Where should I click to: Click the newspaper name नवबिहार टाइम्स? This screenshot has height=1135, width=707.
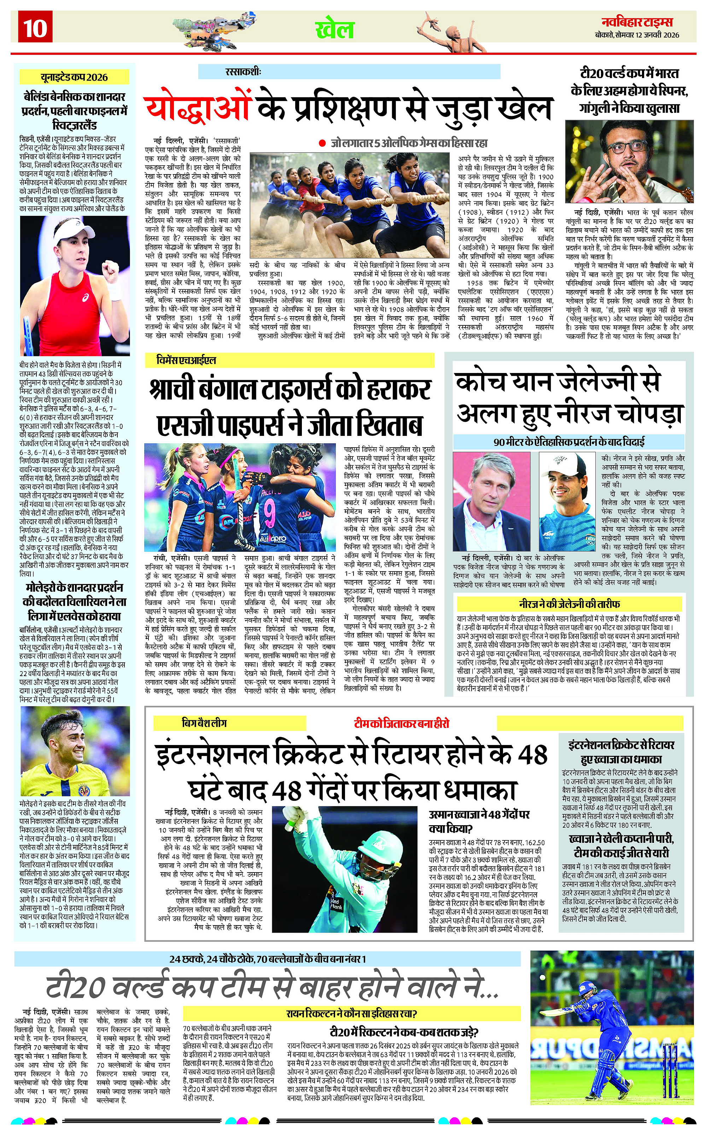(x=640, y=22)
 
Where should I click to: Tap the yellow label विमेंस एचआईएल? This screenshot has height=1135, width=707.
(x=187, y=360)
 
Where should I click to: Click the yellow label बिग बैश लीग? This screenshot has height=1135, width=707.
(x=204, y=723)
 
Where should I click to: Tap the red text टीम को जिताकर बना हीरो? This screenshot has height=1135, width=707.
(x=401, y=724)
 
